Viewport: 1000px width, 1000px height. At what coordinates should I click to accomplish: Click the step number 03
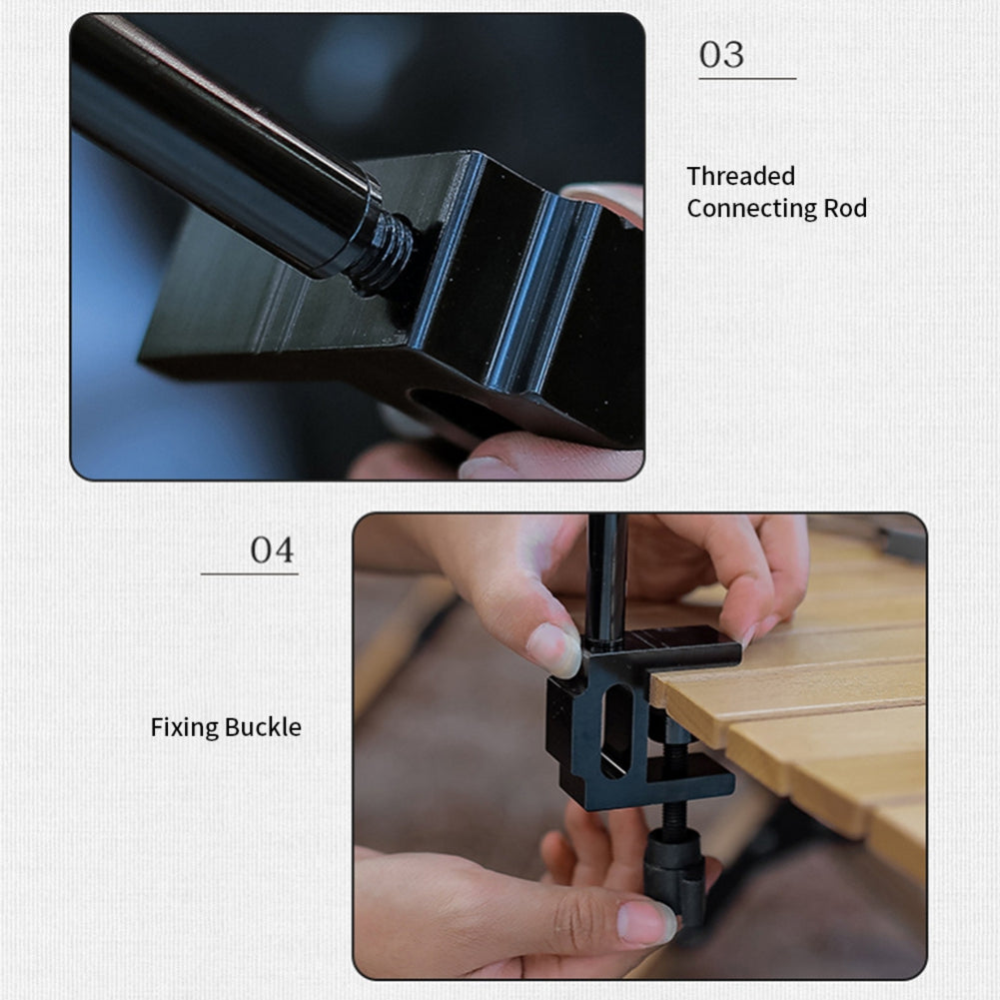[x=721, y=55]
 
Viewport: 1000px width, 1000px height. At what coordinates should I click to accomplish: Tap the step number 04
[x=272, y=549]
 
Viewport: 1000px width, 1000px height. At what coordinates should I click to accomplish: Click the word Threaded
[x=740, y=176]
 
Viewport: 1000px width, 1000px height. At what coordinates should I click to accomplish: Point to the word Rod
[x=845, y=208]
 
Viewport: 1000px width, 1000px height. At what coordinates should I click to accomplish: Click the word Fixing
[x=184, y=727]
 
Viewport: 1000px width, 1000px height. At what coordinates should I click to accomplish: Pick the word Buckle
[x=263, y=726]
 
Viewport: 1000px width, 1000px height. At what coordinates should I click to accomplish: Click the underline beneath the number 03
[x=747, y=79]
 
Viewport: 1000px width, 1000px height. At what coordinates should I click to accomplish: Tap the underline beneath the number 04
[x=250, y=574]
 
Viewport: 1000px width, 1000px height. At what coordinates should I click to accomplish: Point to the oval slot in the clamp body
[x=616, y=729]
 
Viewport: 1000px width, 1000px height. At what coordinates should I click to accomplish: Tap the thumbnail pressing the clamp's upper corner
[x=554, y=649]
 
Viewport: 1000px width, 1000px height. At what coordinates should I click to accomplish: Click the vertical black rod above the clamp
[x=605, y=579]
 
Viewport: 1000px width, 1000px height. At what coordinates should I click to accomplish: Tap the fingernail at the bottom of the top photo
[x=485, y=469]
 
